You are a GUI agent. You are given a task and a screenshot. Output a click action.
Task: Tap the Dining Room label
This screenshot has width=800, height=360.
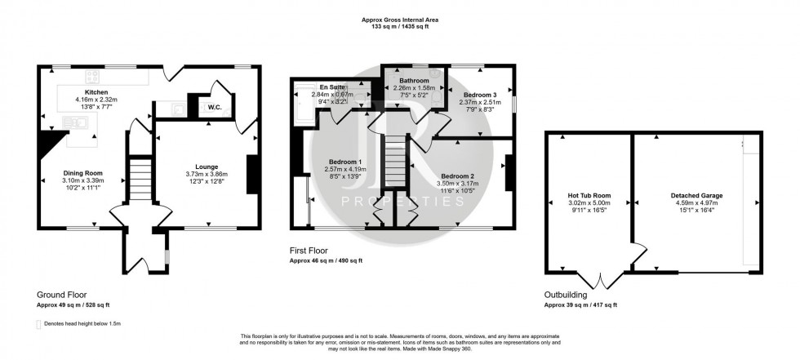[x=84, y=172]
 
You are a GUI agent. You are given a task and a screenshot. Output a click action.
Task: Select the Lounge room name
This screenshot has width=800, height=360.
[x=206, y=165]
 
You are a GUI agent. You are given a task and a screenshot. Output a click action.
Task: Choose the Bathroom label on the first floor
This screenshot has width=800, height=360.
[x=410, y=79]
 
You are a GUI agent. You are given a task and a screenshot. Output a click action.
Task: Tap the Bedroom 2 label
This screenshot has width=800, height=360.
[x=457, y=176]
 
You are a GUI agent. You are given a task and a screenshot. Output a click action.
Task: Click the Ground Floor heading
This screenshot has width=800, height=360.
[x=61, y=295]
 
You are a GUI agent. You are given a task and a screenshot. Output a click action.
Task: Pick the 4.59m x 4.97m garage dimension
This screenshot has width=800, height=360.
[x=696, y=204]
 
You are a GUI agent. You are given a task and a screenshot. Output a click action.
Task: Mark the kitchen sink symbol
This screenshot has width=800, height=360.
[x=81, y=122]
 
